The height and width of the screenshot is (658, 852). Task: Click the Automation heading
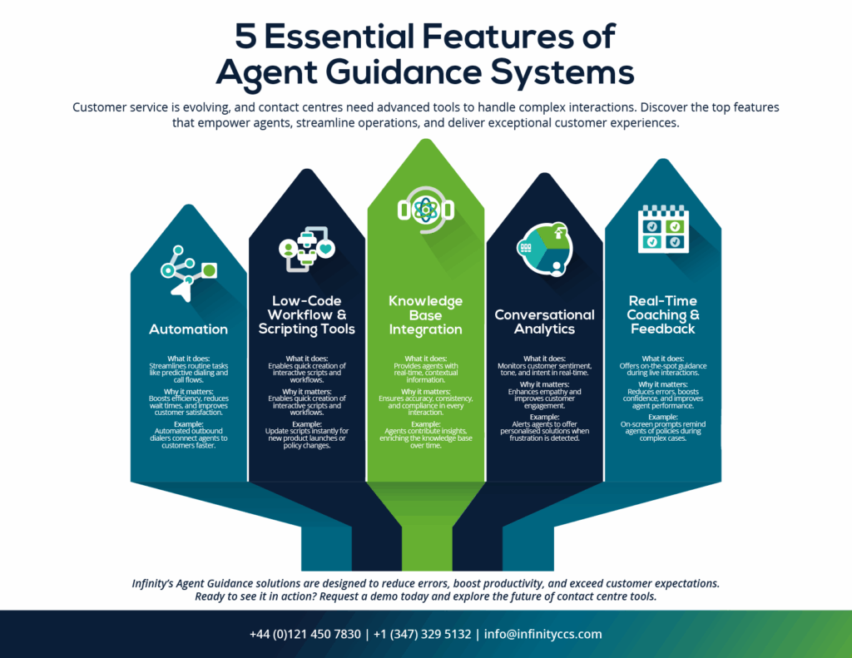(x=189, y=329)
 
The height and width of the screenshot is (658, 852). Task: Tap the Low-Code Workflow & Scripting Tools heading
(x=306, y=314)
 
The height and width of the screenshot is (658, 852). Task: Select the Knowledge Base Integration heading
(x=425, y=315)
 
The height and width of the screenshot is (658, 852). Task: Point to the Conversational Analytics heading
(x=544, y=322)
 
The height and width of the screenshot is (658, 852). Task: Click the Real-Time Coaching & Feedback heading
(x=663, y=314)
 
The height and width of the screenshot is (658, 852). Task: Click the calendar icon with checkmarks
(x=663, y=229)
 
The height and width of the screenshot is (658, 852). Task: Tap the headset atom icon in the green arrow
(x=425, y=210)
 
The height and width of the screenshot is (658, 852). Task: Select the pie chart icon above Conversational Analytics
(x=544, y=250)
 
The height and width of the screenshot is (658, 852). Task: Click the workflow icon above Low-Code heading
(x=307, y=250)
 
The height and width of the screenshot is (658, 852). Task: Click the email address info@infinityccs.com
(x=542, y=634)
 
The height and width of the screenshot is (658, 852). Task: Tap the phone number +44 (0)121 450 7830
(x=305, y=634)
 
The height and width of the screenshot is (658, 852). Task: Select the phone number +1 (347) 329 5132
(x=422, y=634)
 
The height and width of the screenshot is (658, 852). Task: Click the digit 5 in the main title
(x=245, y=37)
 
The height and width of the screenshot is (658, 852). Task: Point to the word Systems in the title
(x=562, y=73)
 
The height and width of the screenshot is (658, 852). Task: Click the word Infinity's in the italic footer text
(x=152, y=584)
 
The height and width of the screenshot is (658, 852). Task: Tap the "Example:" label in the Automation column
(x=189, y=423)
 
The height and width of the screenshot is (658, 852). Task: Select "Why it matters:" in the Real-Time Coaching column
(x=663, y=384)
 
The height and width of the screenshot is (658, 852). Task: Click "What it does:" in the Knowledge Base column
(x=425, y=359)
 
